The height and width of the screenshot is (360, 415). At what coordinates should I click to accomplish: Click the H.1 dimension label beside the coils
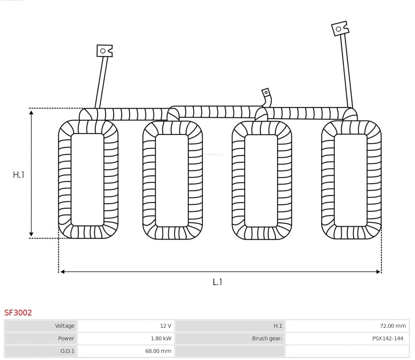(18, 175)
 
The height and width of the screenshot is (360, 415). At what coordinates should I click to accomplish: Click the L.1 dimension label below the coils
(217, 282)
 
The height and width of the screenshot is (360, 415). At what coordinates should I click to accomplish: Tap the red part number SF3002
(18, 313)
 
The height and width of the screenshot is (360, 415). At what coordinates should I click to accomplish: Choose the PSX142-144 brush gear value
(388, 338)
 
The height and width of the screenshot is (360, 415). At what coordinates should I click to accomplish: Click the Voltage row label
(65, 326)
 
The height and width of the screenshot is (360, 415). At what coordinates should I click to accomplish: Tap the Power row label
(66, 338)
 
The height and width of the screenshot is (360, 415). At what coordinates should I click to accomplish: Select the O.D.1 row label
(67, 351)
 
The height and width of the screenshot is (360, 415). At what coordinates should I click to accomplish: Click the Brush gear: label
(267, 338)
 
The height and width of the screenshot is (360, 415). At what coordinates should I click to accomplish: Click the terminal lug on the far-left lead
(105, 51)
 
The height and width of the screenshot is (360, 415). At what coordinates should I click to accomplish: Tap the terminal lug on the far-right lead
(340, 28)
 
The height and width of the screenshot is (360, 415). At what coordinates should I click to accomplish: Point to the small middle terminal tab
(266, 93)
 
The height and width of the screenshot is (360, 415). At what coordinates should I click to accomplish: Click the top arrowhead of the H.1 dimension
(31, 113)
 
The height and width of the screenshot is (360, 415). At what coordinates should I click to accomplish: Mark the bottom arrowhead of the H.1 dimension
(31, 234)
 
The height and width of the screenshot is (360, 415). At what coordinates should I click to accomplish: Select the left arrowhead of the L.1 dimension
(63, 272)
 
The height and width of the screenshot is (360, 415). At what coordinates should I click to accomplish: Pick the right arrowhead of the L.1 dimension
(378, 272)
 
